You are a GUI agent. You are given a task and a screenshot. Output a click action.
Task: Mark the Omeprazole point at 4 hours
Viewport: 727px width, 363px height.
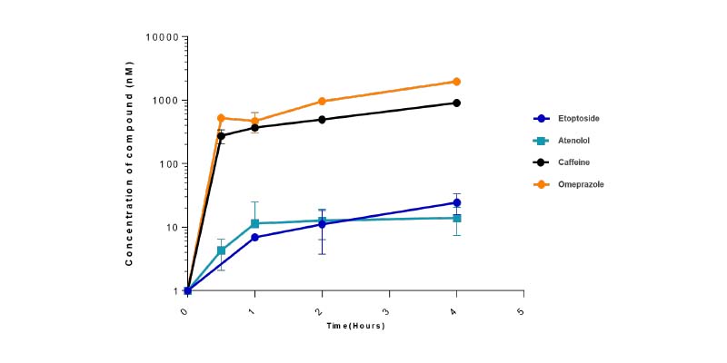tap(456, 82)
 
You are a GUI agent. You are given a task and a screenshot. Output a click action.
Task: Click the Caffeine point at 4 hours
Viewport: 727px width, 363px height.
tap(456, 103)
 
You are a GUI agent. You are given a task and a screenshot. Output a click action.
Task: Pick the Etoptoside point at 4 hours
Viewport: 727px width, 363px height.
tap(456, 202)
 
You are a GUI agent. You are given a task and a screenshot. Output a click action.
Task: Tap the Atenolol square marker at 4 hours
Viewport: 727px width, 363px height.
tap(456, 218)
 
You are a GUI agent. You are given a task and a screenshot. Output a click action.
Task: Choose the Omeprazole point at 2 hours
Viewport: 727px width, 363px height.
tap(322, 101)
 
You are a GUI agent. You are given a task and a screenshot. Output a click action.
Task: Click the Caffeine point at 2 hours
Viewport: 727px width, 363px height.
tap(322, 119)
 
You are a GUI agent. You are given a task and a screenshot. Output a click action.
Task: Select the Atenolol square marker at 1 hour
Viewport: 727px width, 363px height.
tap(254, 223)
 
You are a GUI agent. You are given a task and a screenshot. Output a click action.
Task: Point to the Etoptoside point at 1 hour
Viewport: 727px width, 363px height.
tap(254, 238)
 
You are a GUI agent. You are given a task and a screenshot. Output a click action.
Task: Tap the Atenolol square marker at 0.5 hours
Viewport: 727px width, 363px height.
tap(221, 250)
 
